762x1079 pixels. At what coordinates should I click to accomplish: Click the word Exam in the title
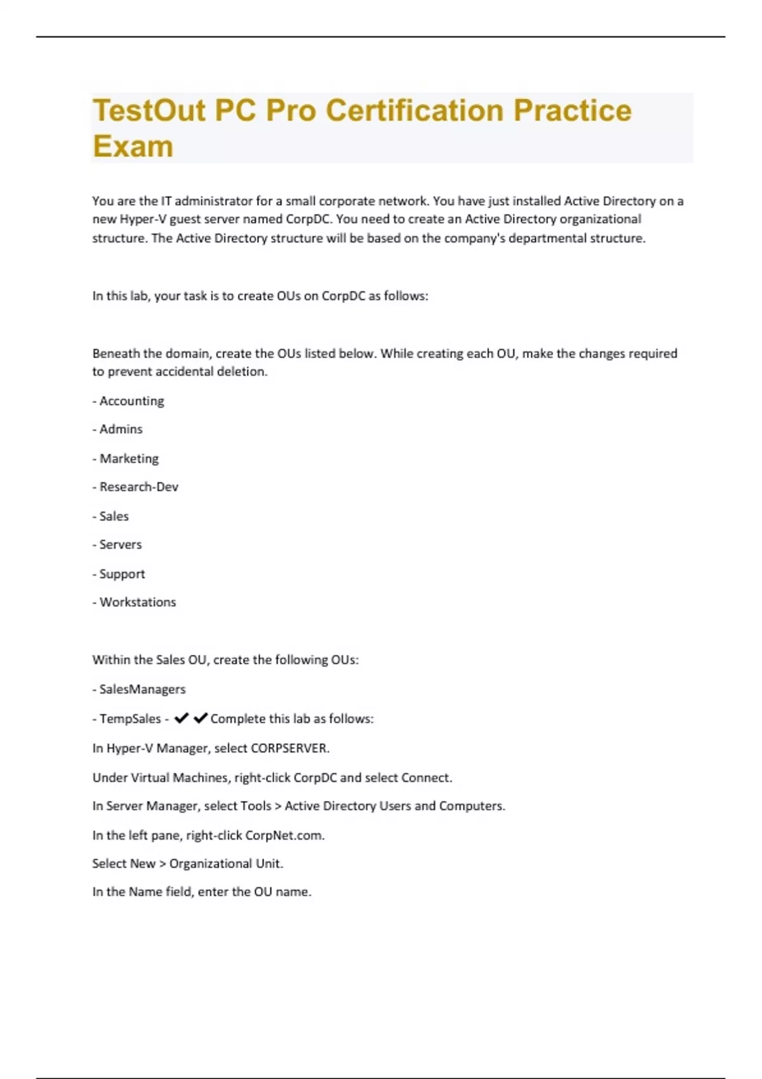pyautogui.click(x=133, y=146)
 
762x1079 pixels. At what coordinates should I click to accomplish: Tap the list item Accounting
pyautogui.click(x=131, y=401)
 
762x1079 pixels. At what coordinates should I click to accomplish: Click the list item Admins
pyautogui.click(x=121, y=430)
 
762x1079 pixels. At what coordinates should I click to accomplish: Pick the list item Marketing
pyautogui.click(x=129, y=458)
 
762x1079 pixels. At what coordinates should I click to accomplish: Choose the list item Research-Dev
pyautogui.click(x=138, y=487)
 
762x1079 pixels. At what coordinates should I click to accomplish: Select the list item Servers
pyautogui.click(x=120, y=545)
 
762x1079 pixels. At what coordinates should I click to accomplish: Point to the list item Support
pyautogui.click(x=122, y=574)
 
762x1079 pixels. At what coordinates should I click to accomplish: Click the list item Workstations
pyautogui.click(x=137, y=602)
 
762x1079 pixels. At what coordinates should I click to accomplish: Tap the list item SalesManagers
pyautogui.click(x=142, y=689)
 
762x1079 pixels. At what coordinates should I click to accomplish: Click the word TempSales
pyautogui.click(x=130, y=718)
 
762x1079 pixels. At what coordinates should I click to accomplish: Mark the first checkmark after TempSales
pyautogui.click(x=182, y=718)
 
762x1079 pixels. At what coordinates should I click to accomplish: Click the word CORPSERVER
pyautogui.click(x=290, y=748)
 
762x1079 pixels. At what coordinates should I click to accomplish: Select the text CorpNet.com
pyautogui.click(x=284, y=835)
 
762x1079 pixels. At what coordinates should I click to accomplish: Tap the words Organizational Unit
pyautogui.click(x=225, y=864)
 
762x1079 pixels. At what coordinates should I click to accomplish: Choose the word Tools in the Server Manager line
pyautogui.click(x=255, y=806)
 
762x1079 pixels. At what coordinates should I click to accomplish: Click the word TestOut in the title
pyautogui.click(x=149, y=110)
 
